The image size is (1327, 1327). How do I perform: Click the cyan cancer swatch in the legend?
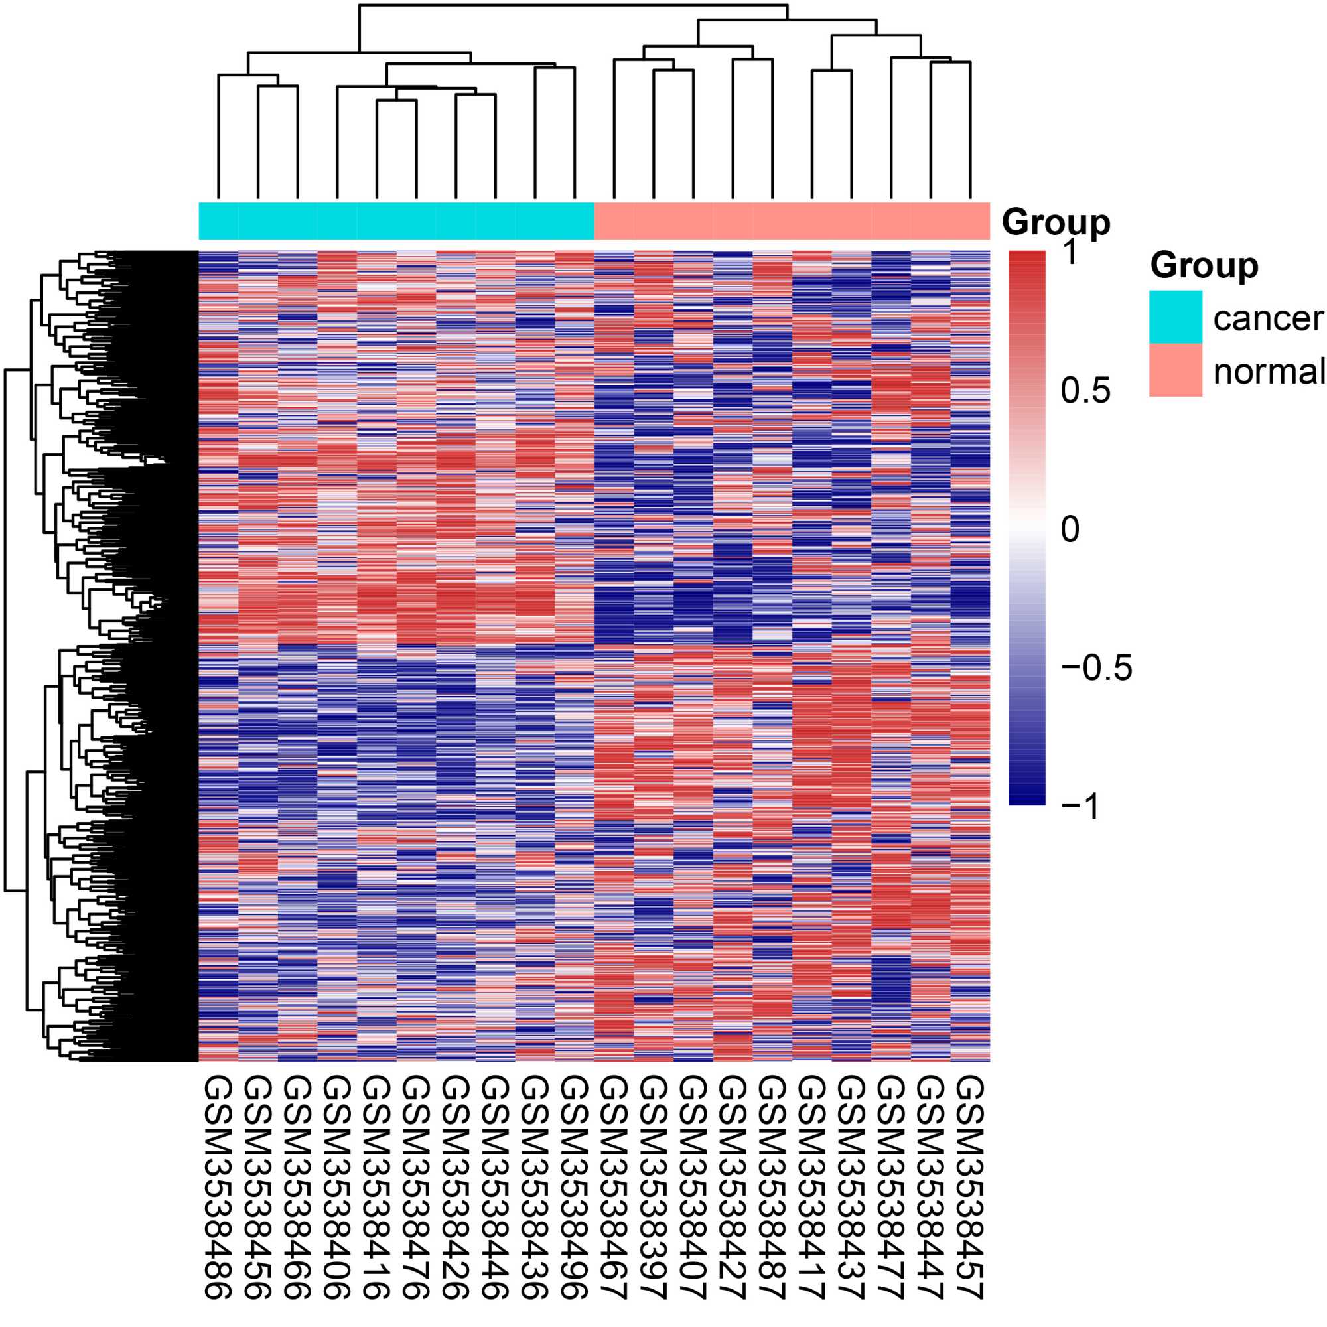coord(1175,316)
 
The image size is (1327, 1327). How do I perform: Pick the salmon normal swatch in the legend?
coord(1175,370)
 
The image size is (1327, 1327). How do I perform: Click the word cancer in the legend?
coord(1268,318)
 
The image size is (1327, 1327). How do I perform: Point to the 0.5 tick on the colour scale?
coord(1085,391)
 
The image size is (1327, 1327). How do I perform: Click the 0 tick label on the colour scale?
coord(1070,529)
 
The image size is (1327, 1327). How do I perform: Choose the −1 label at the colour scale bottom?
coord(1080,806)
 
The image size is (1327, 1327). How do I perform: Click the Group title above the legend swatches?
coord(1204,265)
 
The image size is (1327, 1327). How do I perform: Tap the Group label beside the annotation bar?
coord(1056,222)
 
